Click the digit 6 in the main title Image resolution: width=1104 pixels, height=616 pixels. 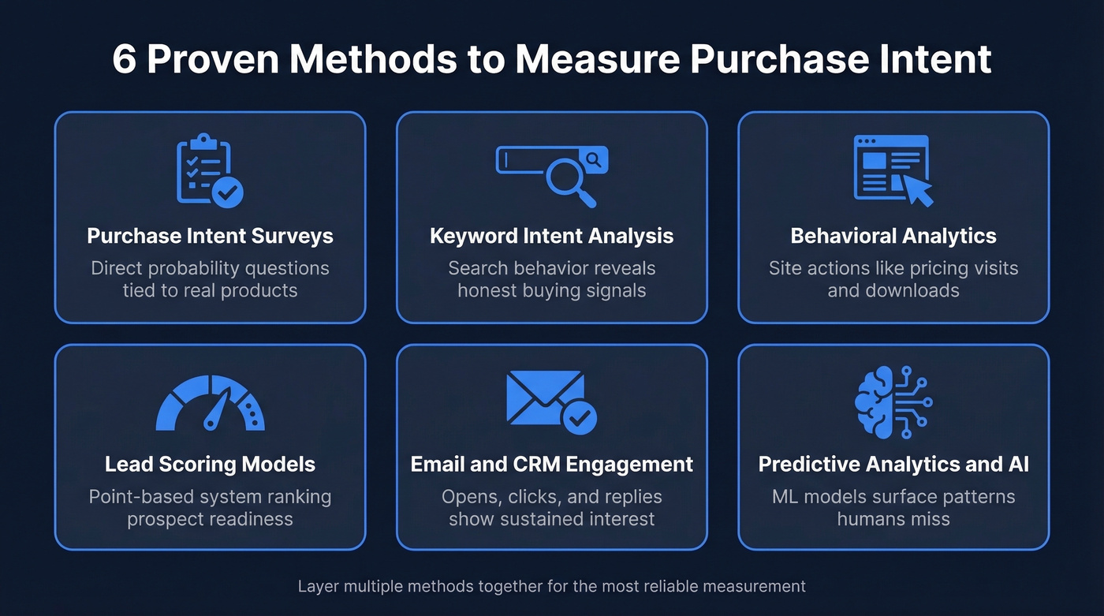124,60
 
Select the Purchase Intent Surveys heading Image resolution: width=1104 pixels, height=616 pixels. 210,236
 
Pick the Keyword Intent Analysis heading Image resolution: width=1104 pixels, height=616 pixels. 552,236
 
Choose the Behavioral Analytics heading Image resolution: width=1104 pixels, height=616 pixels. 893,236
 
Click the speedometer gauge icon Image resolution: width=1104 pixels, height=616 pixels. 210,404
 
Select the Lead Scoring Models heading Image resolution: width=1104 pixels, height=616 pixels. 210,465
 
